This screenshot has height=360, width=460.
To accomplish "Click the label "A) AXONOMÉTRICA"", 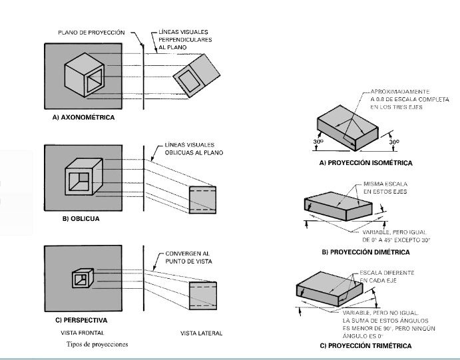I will click(x=83, y=117).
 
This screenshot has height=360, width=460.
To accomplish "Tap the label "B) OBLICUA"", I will click(x=73, y=218).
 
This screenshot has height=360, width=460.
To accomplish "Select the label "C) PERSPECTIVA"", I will click(x=81, y=320).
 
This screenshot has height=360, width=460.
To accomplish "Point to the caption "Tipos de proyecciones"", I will click(x=97, y=345).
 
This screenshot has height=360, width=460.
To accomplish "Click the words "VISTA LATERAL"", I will click(x=202, y=333).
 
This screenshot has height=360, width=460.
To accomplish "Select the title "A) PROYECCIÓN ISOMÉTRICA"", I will click(x=365, y=163).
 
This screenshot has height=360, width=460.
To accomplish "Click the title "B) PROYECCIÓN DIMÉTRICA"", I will click(x=365, y=252).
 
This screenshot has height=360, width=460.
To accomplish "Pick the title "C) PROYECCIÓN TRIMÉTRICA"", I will click(x=365, y=346).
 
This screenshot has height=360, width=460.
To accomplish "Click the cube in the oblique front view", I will click(x=82, y=178).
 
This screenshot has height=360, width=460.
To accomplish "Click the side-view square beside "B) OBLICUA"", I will click(x=202, y=198).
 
